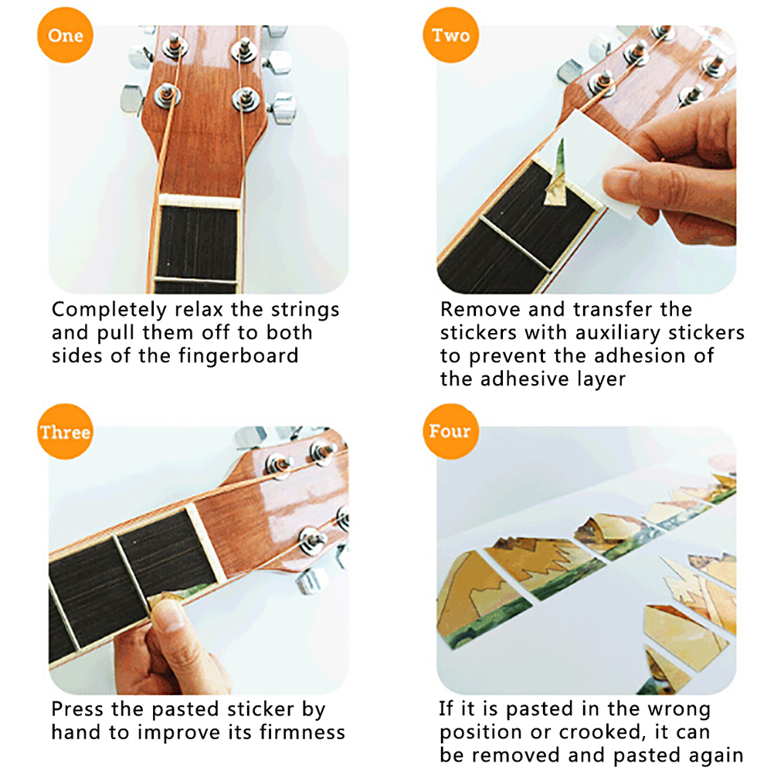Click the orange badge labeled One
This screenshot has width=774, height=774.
pos(65,35)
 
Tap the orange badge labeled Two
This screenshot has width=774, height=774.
pos(450,35)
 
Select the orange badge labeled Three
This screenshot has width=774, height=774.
pos(65,432)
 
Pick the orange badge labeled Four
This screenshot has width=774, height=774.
pos(450,432)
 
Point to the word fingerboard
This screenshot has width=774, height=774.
pos(238,355)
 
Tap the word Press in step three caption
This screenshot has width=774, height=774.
pos(77,709)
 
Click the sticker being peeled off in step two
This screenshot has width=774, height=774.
pos(556,175)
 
